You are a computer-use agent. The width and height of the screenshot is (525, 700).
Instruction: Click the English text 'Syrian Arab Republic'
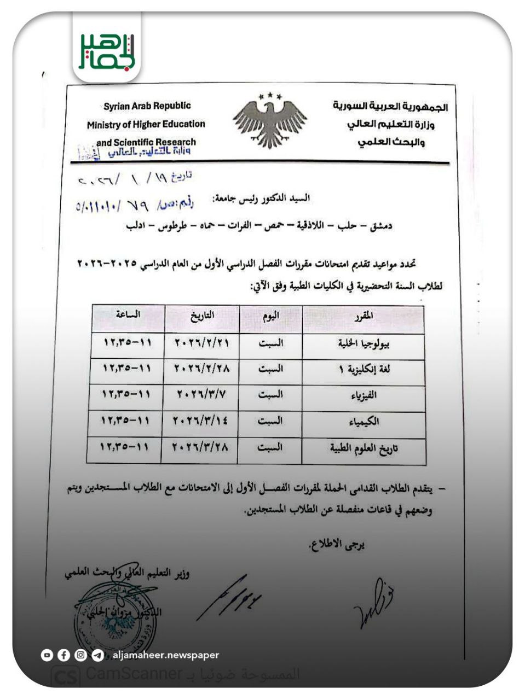[147, 106]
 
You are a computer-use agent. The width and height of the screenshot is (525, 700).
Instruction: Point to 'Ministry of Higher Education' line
[146, 124]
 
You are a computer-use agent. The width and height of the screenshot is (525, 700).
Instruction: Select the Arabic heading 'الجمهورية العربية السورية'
[390, 106]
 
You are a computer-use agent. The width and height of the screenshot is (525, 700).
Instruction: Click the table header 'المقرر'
[364, 316]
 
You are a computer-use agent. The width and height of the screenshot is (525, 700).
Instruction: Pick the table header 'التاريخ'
[202, 316]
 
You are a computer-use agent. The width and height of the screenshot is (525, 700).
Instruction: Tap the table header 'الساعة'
[128, 314]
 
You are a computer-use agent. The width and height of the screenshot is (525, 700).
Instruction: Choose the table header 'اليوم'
[271, 316]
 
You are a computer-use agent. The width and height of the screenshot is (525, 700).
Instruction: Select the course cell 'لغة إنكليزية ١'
[364, 370]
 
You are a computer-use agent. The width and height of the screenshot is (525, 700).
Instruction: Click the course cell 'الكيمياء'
[364, 422]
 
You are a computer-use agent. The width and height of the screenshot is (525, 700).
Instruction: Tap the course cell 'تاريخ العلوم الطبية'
[364, 448]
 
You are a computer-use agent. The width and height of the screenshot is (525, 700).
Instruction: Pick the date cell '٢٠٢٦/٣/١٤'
[201, 421]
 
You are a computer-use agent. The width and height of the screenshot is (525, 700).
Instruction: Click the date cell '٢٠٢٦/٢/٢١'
[202, 343]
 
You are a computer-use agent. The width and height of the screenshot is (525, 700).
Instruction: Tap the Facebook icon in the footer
[64, 655]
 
